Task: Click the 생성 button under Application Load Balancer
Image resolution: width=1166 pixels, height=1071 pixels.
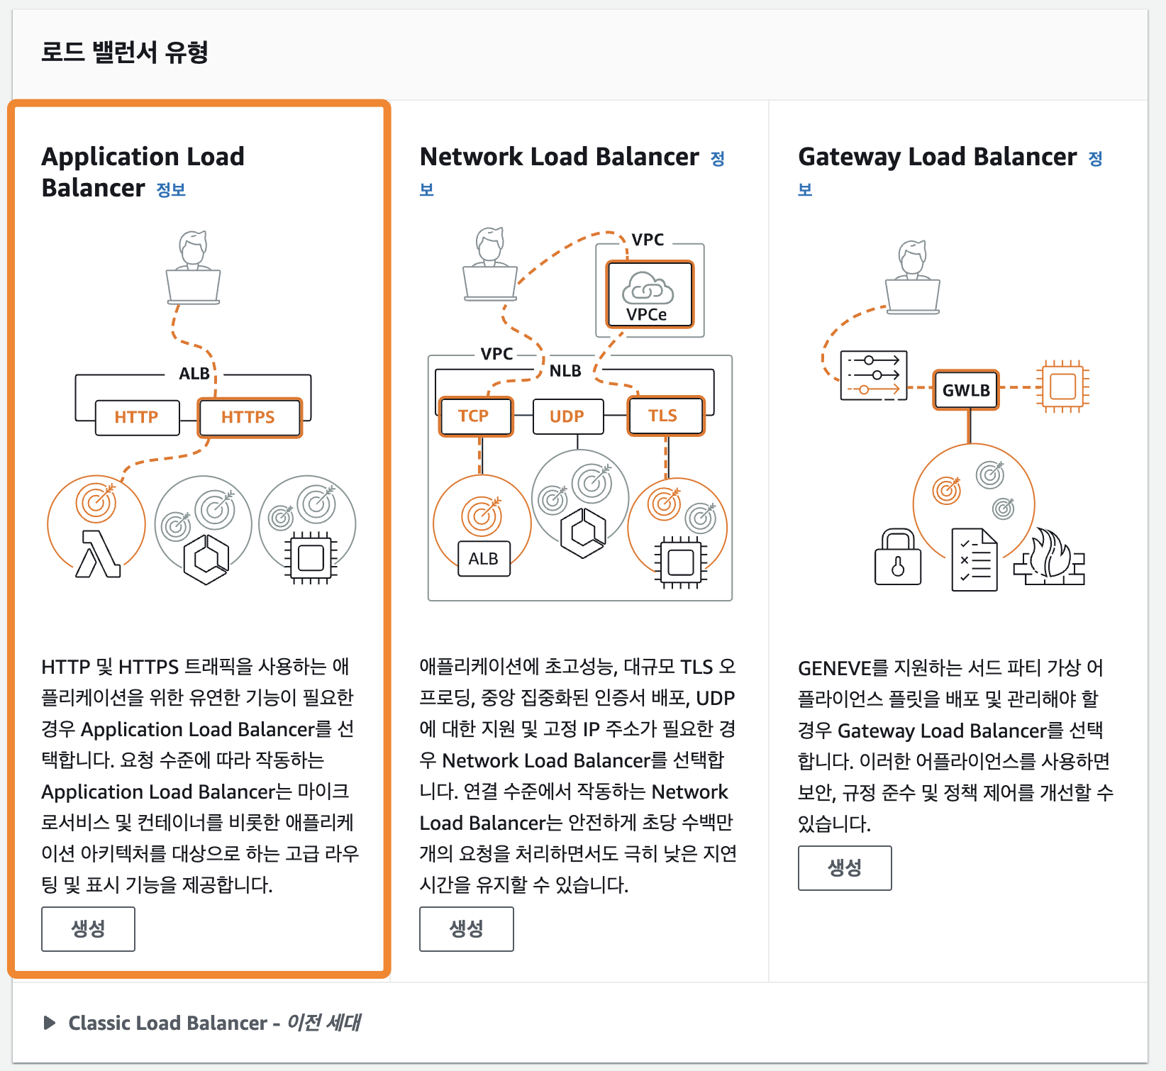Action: (88, 928)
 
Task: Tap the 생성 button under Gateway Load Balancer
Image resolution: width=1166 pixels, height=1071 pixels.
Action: (844, 867)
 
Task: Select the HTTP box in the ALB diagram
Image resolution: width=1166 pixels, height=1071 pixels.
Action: (137, 417)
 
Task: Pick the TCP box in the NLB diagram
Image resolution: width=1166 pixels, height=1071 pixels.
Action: (474, 416)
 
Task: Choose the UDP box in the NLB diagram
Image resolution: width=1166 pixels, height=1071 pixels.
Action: (567, 416)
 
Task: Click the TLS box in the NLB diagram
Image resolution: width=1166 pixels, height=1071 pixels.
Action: (664, 416)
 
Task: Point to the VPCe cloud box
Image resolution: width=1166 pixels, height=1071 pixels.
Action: (648, 294)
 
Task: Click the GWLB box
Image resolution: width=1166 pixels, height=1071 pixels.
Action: (965, 390)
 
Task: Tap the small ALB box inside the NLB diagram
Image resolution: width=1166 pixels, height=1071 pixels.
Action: (484, 559)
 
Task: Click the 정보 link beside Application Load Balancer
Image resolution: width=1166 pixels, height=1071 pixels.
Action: (171, 189)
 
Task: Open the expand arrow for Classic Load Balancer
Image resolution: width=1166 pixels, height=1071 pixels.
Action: (50, 1023)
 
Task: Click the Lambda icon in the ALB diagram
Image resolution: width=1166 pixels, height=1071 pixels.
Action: (98, 554)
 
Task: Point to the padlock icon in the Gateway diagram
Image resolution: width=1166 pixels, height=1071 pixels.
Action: (898, 557)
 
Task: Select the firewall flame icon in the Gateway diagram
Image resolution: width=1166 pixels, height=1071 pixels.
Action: (1050, 559)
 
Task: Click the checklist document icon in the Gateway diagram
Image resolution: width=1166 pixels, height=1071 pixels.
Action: (975, 560)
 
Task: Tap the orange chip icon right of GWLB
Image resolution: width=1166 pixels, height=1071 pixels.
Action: (1062, 387)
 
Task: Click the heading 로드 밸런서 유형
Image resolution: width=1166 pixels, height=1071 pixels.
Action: (125, 52)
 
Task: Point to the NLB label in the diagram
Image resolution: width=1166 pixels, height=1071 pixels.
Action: (565, 371)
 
